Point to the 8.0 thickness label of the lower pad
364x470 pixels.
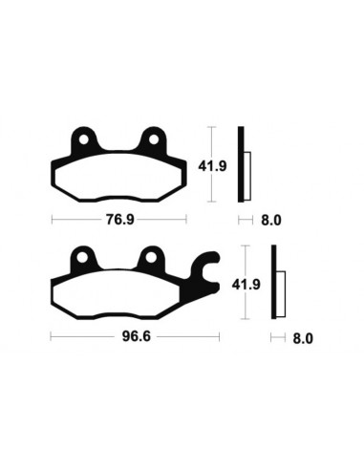coord(304,338)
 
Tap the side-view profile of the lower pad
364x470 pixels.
coord(276,284)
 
